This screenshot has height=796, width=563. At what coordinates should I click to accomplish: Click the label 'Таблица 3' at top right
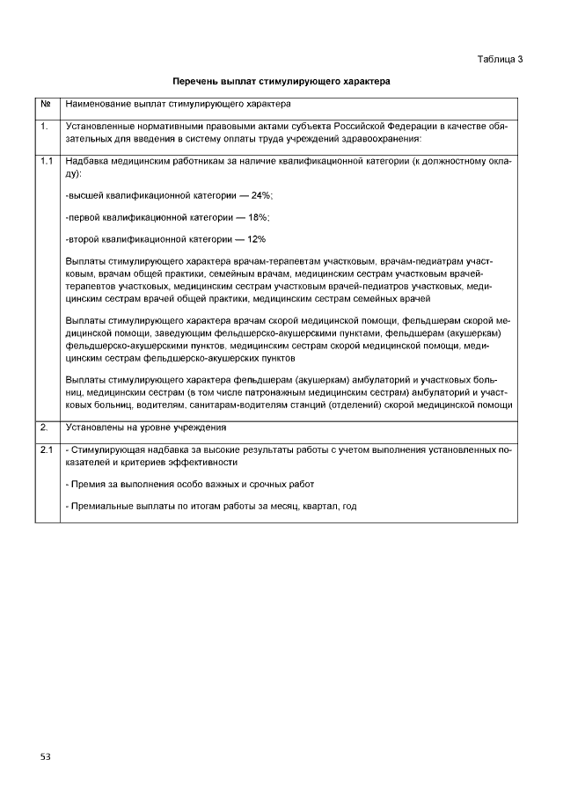coord(500,59)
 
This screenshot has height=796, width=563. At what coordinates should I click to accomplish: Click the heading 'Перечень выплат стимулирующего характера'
coord(281,81)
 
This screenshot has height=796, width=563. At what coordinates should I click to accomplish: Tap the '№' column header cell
coord(45,105)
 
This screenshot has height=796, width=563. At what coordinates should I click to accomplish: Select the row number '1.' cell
coord(43,128)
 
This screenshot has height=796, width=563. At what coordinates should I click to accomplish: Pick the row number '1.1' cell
coord(46,162)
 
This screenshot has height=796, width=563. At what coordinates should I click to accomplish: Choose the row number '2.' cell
coord(43,427)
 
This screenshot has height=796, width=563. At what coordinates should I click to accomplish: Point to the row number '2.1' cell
coord(46,450)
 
